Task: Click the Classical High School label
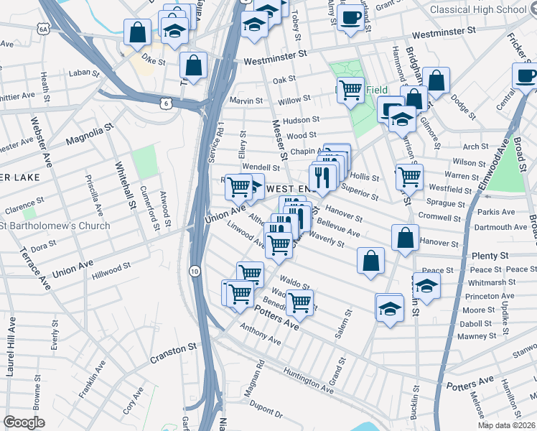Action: click(x=489, y=9)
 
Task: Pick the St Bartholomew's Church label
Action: click(x=55, y=226)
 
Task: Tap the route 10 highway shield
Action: click(x=195, y=271)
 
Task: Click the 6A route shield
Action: click(x=44, y=29)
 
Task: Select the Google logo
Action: click(x=24, y=422)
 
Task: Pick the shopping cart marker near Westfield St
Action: click(x=408, y=176)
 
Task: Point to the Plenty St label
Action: click(x=490, y=256)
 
